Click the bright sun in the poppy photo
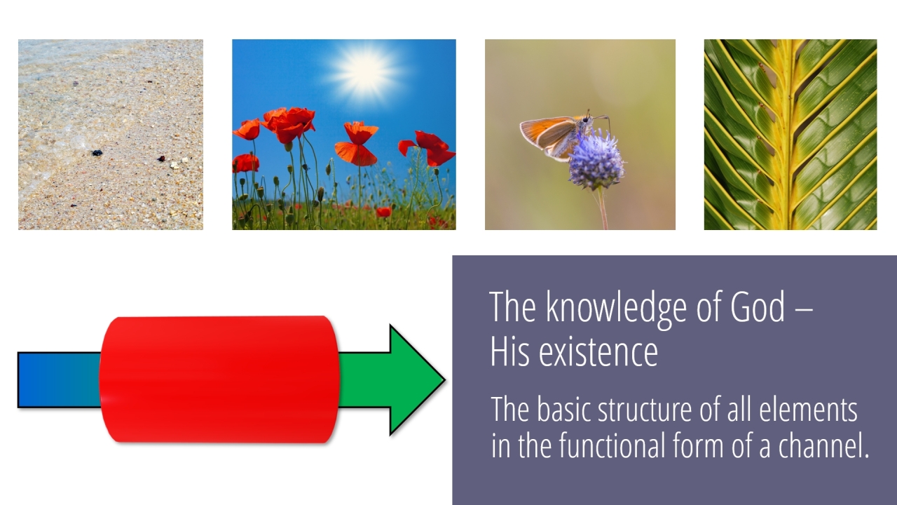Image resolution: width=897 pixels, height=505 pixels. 365,72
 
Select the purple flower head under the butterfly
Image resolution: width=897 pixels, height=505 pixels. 596,161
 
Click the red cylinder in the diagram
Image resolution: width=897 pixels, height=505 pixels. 219,379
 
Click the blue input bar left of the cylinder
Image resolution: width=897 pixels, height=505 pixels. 60,380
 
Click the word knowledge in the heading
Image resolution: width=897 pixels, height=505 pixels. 617,309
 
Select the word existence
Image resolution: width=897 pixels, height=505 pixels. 598,352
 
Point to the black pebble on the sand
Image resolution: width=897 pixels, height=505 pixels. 97,153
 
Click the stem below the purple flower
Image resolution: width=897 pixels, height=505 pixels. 602,208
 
